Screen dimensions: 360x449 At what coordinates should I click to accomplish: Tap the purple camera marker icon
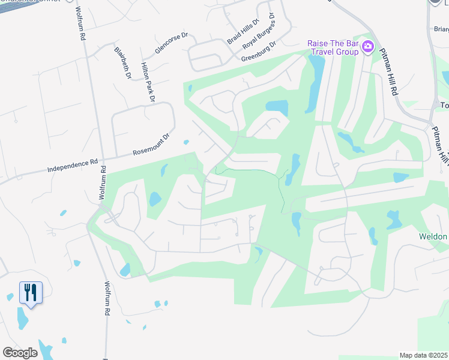(369, 47)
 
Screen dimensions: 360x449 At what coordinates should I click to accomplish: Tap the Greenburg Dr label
(258, 52)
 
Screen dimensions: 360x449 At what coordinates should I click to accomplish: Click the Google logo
(20, 352)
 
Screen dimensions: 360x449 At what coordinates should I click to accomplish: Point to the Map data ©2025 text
(424, 355)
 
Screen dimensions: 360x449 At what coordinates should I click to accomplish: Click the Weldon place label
(433, 236)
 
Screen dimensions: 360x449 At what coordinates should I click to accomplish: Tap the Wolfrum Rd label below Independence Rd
(102, 182)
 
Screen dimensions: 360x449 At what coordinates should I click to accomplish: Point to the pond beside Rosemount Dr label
(186, 142)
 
